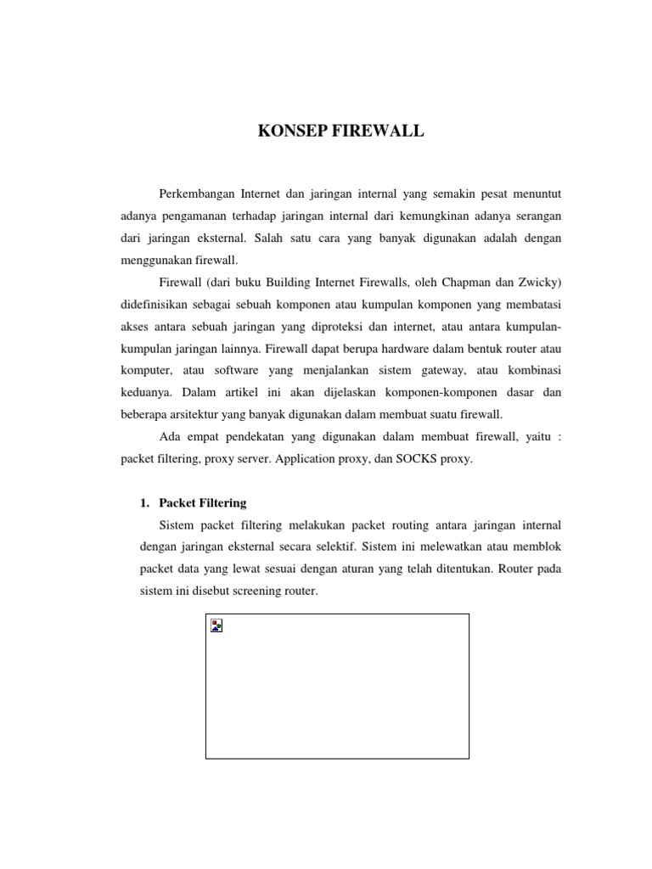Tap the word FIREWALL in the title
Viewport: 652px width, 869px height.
coord(378,132)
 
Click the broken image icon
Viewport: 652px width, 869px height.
coord(217,626)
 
